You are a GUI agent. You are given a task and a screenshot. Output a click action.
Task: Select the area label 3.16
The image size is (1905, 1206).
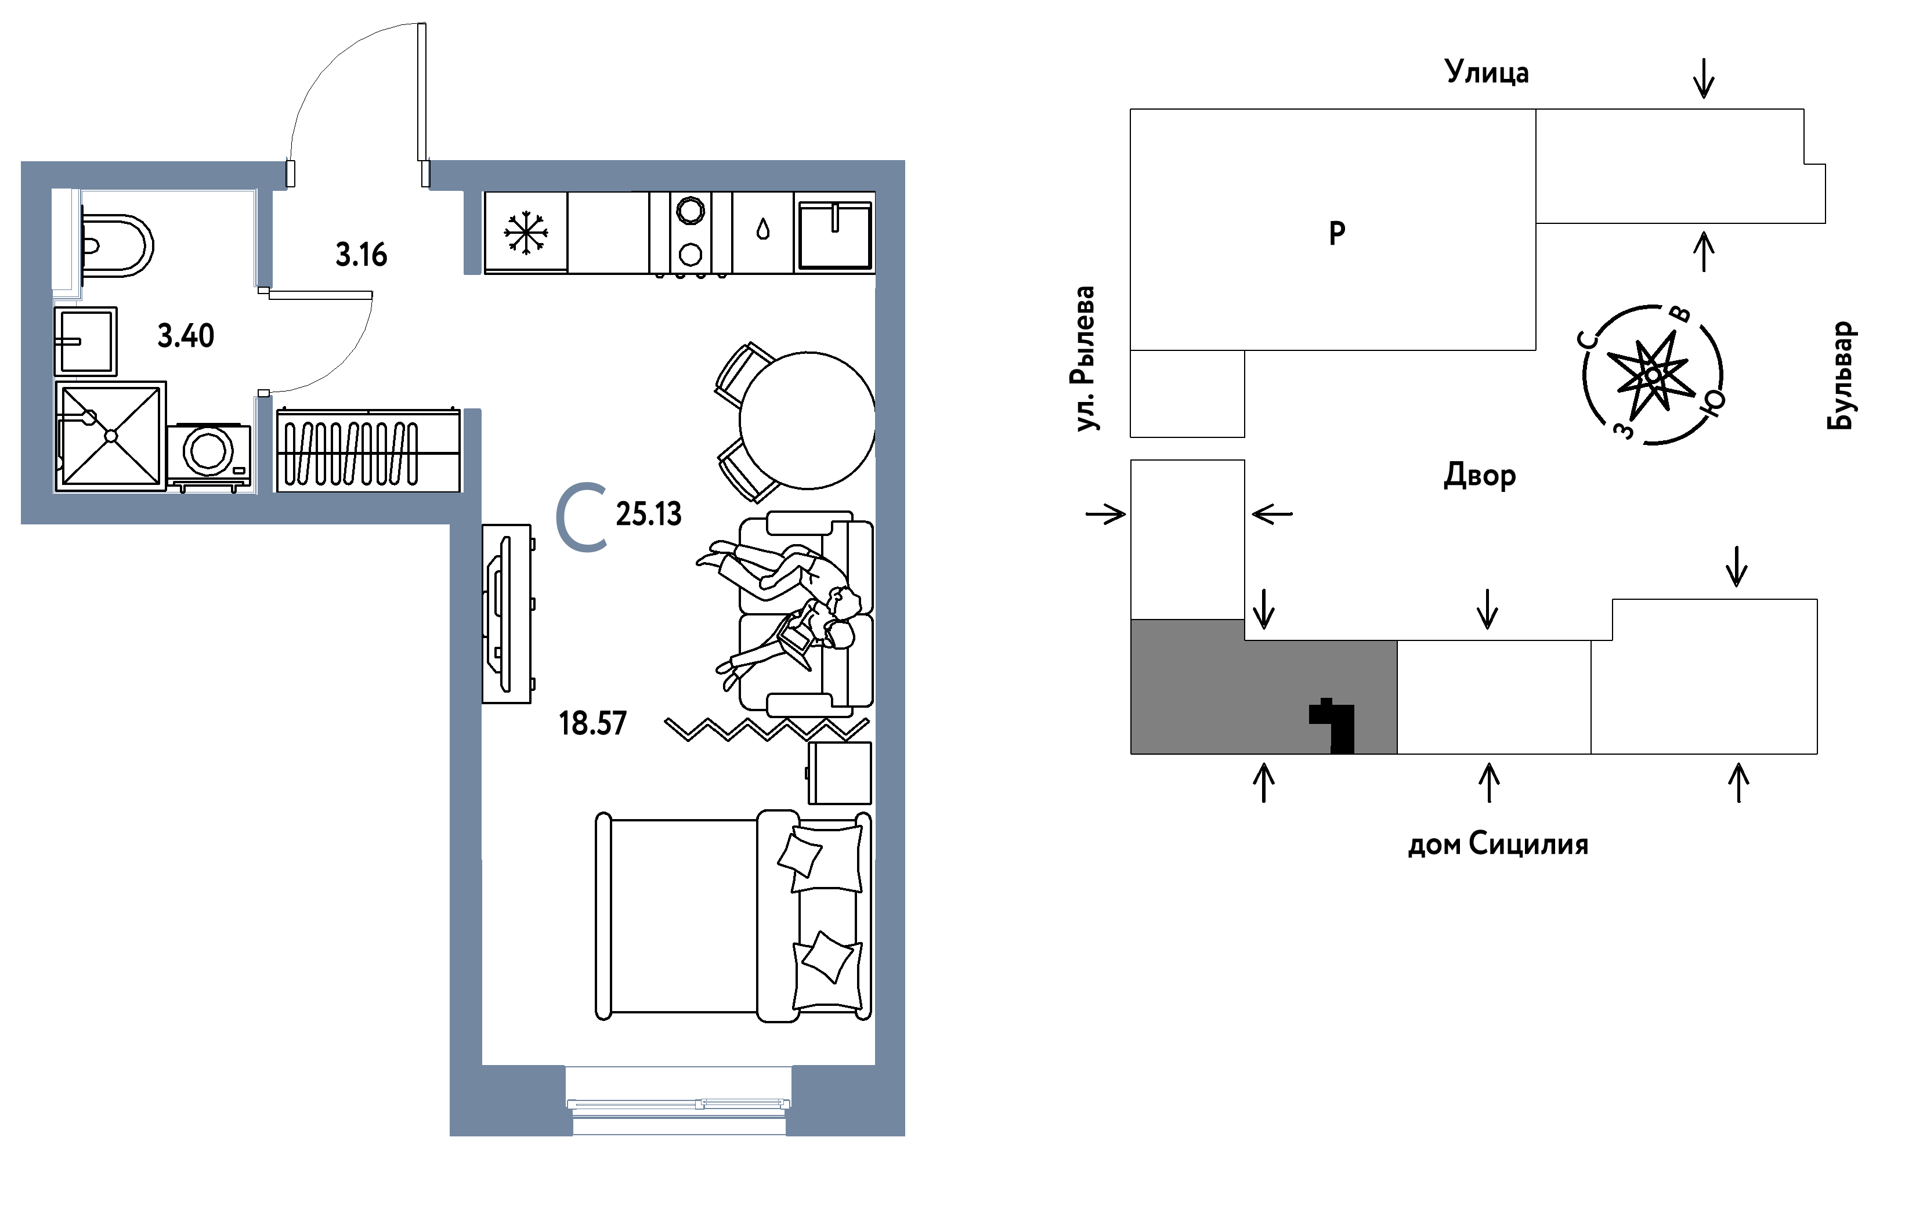coord(362,255)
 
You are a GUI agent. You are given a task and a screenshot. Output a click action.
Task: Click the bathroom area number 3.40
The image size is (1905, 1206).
coord(186,336)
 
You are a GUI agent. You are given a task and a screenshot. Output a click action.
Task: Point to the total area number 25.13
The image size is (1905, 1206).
coord(649,514)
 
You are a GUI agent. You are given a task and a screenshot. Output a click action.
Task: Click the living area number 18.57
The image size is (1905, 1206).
coord(592,723)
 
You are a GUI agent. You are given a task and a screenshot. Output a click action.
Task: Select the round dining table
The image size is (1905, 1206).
coord(808,420)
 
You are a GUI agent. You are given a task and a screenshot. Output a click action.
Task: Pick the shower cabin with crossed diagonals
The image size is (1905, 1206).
coord(111,436)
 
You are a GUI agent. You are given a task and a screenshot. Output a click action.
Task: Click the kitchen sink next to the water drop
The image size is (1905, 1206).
coord(834,235)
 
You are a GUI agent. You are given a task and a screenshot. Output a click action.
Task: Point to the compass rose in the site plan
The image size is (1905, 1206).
coord(1653,375)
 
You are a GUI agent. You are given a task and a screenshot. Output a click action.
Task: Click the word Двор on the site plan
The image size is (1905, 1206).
coord(1480,475)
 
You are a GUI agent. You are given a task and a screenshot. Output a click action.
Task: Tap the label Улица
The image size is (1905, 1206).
coord(1487,72)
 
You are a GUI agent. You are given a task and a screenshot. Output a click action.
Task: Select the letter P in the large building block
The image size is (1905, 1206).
coord(1337,233)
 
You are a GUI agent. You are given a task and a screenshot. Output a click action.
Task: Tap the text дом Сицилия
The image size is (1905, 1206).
coord(1498,845)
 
